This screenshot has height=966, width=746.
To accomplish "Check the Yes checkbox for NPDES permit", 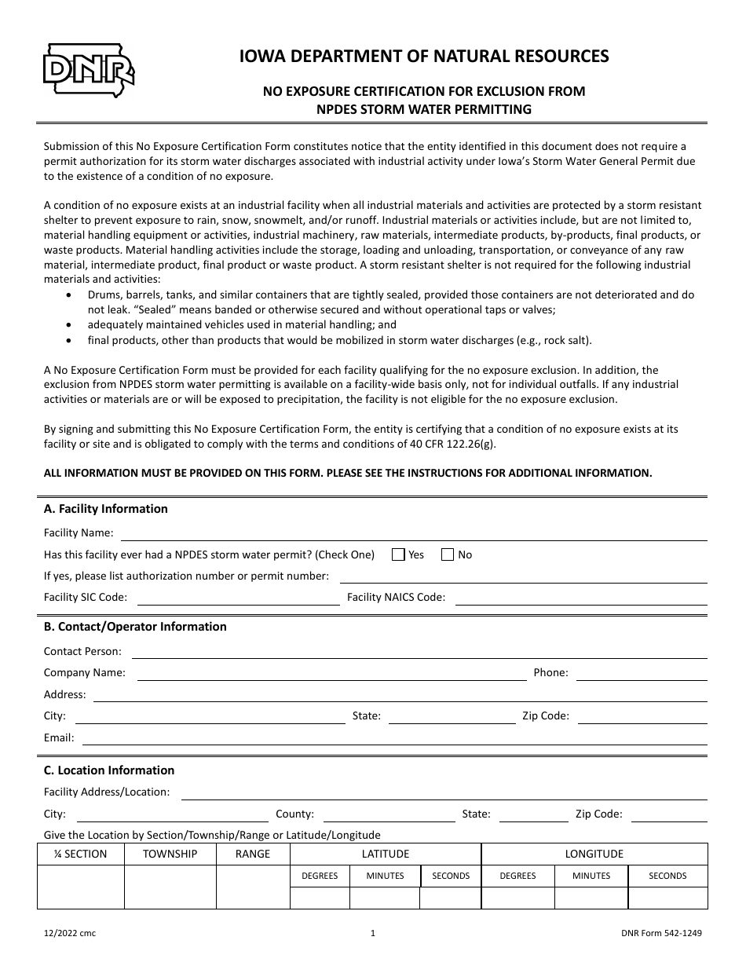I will click(398, 554).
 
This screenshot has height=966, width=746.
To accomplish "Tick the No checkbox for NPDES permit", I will click(448, 554).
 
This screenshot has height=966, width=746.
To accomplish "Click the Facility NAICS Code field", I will click(581, 598).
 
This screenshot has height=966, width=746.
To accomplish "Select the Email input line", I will click(394, 739).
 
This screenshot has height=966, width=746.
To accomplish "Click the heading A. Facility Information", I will click(105, 509).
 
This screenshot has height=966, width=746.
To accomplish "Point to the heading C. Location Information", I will click(108, 770).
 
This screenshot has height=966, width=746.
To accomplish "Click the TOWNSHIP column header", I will click(170, 854).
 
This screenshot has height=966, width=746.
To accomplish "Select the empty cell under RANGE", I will click(252, 887).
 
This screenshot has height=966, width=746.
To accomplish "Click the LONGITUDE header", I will click(594, 854).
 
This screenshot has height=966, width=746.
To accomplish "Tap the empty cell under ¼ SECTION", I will click(81, 887).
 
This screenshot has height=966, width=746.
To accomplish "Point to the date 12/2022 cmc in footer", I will click(70, 934).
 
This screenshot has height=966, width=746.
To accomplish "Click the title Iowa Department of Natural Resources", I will click(423, 56).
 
